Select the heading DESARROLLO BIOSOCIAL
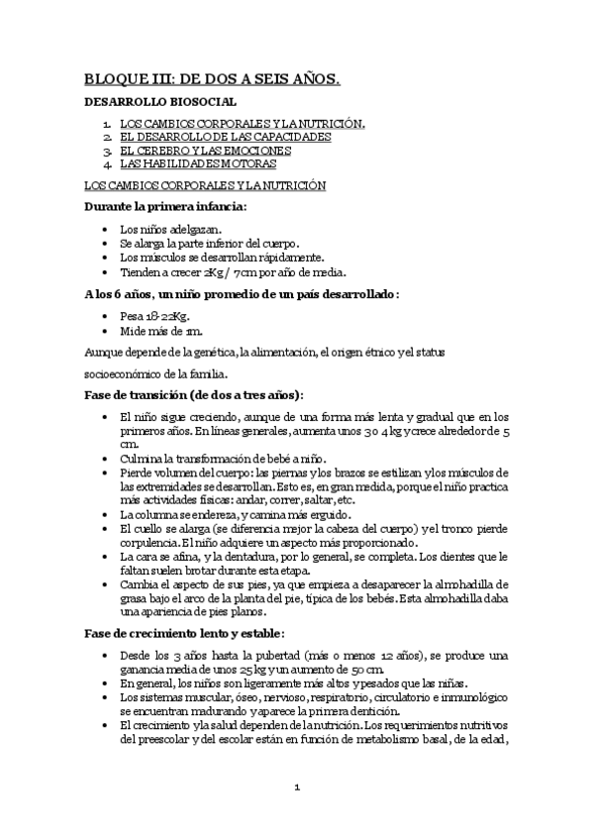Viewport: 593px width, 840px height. click(160, 102)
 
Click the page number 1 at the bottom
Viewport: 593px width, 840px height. click(296, 787)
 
